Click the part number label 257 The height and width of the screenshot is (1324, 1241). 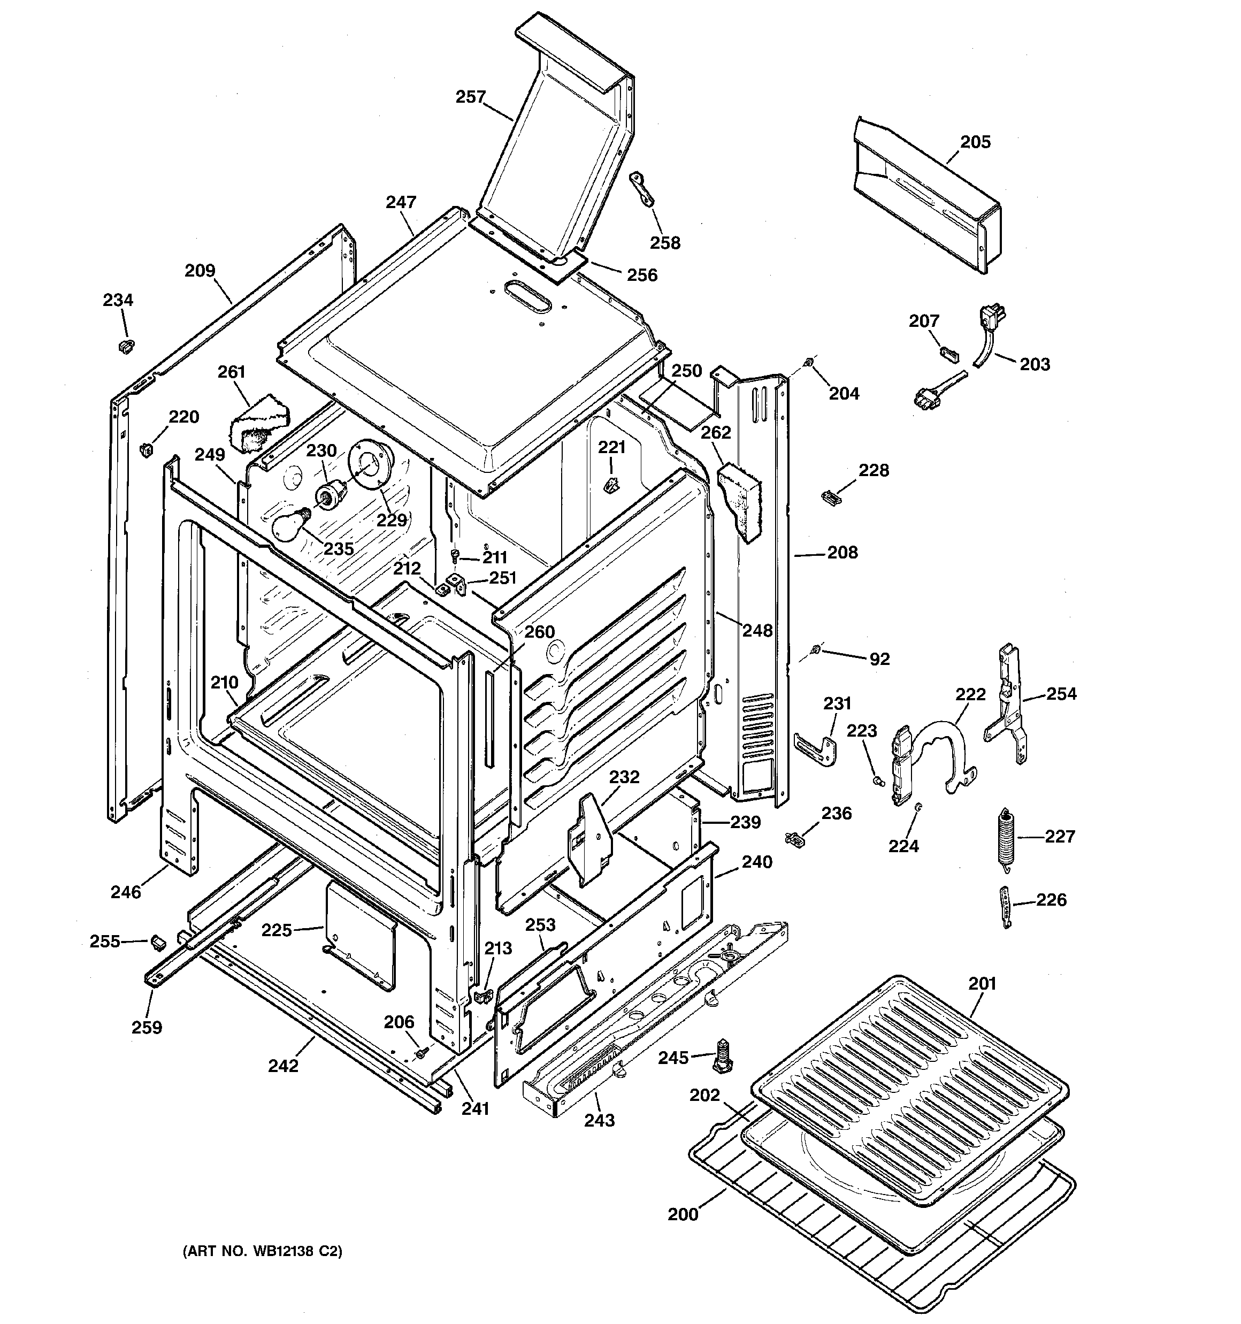(x=470, y=97)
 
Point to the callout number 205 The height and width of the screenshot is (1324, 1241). (x=975, y=142)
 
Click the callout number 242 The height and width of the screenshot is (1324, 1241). (x=283, y=1066)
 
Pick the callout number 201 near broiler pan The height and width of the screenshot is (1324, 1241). (x=982, y=983)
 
